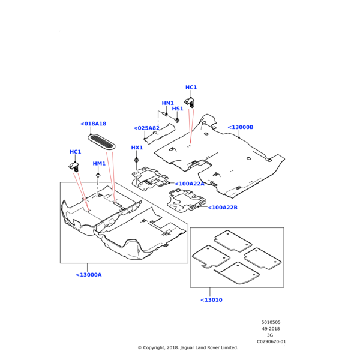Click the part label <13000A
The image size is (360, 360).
pos(89,275)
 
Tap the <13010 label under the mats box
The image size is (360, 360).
pos(211,299)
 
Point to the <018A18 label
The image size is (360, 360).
pos(93,124)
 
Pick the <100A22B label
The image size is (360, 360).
pos(223,208)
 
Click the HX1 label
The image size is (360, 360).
pos(137,148)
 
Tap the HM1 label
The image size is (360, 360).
pos(99,163)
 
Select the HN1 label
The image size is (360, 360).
pos(167,103)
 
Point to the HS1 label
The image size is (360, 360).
pos(178,109)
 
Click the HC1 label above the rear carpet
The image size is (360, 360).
pos(191,88)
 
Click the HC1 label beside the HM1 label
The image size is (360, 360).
pos(75,152)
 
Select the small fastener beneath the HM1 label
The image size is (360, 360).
pos(97,175)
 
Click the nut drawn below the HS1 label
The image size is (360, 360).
pos(178,121)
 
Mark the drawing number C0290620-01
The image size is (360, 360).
pos(271,341)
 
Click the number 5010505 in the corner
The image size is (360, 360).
pos(271,322)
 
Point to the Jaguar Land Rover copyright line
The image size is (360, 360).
pos(188,347)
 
